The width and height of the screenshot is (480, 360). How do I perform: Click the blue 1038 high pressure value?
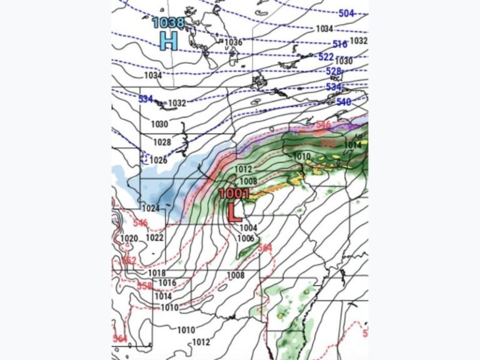[x=169, y=23]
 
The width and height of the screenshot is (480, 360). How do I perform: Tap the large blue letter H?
[x=168, y=41]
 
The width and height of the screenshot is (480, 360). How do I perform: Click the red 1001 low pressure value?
[x=234, y=194]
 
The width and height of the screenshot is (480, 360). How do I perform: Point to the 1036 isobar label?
[x=233, y=42]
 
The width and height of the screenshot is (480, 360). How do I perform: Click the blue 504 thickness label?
[x=347, y=13]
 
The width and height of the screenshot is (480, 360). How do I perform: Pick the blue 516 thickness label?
[x=340, y=44]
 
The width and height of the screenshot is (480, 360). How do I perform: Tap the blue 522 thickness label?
[x=326, y=57]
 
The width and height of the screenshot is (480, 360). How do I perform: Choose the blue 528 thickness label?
[x=334, y=71]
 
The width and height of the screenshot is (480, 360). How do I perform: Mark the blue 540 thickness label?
[x=344, y=102]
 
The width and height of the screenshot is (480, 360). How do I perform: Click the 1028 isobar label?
[x=162, y=142]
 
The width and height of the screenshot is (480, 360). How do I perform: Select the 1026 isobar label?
[x=158, y=160]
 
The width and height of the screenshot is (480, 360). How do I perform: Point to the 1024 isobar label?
[x=151, y=208]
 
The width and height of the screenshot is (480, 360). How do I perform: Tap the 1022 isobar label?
[x=154, y=237]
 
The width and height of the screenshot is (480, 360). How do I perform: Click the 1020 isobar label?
[x=129, y=238]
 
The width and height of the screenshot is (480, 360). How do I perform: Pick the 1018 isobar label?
[x=157, y=273]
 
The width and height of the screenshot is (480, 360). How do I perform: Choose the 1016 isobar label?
[x=167, y=283]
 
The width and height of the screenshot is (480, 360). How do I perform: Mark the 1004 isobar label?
[x=248, y=227]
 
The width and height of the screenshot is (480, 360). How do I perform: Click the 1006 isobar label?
[x=246, y=238]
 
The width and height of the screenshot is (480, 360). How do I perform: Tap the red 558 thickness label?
[x=144, y=286]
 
